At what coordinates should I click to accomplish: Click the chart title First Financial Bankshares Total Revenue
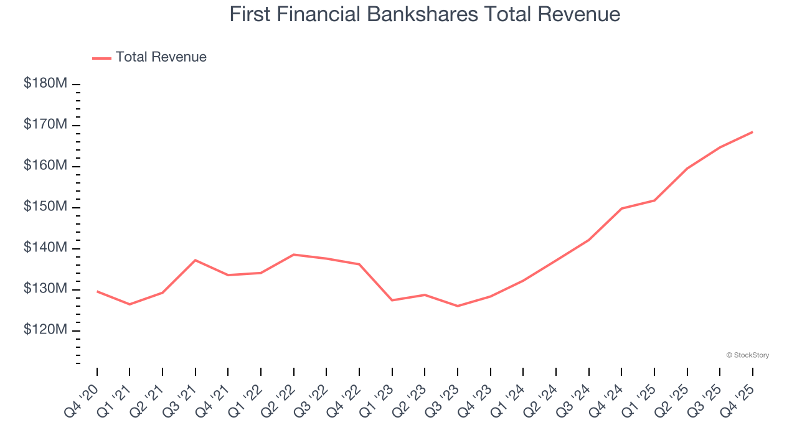pyautogui.click(x=425, y=14)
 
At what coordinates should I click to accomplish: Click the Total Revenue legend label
pyautogui.click(x=161, y=57)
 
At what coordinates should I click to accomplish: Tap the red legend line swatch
pyautogui.click(x=101, y=58)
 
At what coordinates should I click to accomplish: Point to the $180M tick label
pyautogui.click(x=45, y=83)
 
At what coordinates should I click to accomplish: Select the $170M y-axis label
pyautogui.click(x=45, y=124)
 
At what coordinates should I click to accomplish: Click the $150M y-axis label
pyautogui.click(x=45, y=207)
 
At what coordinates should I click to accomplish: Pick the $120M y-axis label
pyautogui.click(x=45, y=330)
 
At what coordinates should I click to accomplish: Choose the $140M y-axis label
pyautogui.click(x=45, y=248)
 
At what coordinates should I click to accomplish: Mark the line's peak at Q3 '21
pyautogui.click(x=196, y=260)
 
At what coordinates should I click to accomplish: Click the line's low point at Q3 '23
pyautogui.click(x=458, y=306)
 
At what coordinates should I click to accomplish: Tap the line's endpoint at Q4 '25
pyautogui.click(x=752, y=132)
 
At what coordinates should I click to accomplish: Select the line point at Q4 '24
pyautogui.click(x=621, y=208)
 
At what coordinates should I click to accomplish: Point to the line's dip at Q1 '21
pyautogui.click(x=130, y=304)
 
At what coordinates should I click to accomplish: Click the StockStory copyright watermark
pyautogui.click(x=747, y=355)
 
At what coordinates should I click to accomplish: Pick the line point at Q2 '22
pyautogui.click(x=293, y=254)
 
